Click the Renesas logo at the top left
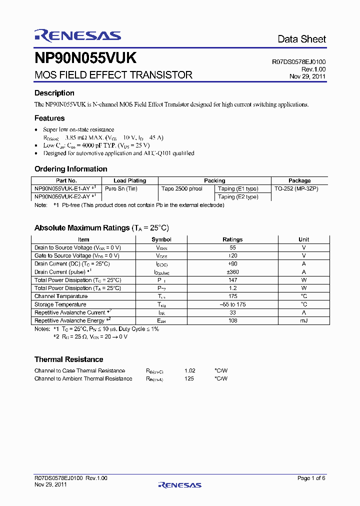click(77, 35)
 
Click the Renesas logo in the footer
click(179, 484)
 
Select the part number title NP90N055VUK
click(85, 58)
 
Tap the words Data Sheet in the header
click(301, 39)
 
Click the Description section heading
click(54, 93)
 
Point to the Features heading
click(49, 118)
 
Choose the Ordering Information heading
click(70, 169)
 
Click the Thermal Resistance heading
click(68, 359)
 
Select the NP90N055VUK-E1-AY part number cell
click(65, 188)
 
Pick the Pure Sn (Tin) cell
click(121, 188)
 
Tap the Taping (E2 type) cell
click(238, 196)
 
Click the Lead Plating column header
click(130, 180)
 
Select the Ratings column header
click(232, 239)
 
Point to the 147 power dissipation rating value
click(232, 280)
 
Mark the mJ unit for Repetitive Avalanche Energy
click(303, 320)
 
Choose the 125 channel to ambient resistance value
click(189, 378)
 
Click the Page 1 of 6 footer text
click(311, 478)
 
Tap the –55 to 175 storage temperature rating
click(232, 304)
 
